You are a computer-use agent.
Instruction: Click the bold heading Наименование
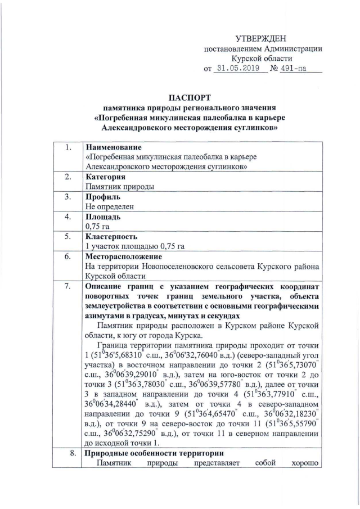(x=112, y=147)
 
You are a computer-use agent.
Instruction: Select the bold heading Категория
(x=105, y=177)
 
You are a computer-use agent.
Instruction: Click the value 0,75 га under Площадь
(x=96, y=226)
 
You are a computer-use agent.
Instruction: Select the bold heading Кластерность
(x=110, y=236)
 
